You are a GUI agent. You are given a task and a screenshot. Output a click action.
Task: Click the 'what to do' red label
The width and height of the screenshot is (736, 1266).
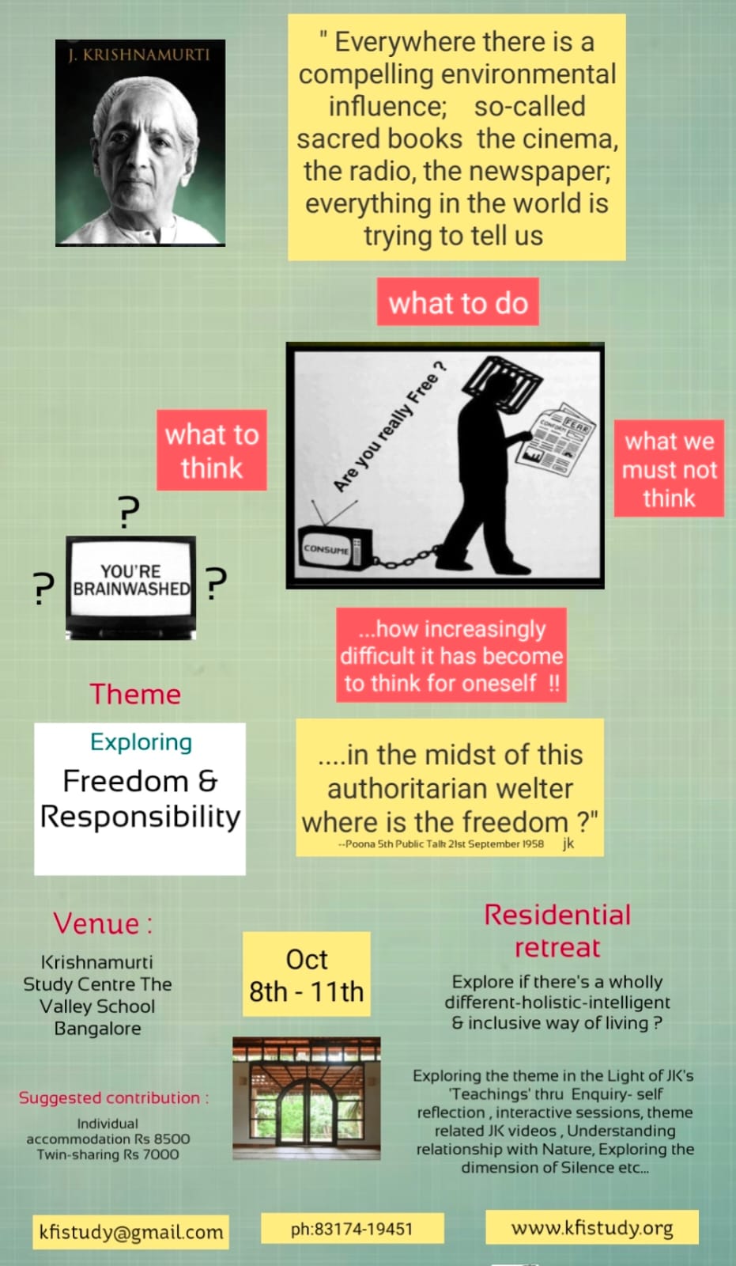(458, 301)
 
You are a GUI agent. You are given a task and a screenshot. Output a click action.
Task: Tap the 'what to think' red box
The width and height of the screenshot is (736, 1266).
(212, 450)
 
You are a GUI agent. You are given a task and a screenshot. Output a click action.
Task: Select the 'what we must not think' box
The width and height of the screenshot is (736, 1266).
(669, 468)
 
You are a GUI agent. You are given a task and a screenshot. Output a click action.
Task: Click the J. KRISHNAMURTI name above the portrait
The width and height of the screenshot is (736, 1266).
(139, 55)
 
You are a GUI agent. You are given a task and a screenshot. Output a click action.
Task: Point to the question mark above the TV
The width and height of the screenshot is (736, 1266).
(129, 511)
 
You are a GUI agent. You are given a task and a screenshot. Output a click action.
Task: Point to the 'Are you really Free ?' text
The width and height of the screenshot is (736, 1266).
(389, 426)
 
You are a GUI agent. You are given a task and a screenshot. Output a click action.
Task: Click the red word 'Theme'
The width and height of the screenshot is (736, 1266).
(135, 694)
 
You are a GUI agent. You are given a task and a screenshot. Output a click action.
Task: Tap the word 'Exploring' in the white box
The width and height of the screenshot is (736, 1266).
(142, 742)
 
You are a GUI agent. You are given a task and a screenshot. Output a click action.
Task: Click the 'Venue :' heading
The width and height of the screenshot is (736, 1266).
(102, 923)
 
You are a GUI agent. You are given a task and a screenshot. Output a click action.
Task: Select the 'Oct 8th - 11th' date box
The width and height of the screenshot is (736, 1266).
(307, 974)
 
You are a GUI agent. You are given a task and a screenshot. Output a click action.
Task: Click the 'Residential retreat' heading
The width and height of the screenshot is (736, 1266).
(557, 931)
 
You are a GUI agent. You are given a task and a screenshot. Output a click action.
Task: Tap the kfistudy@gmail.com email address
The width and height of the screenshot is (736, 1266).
(131, 1231)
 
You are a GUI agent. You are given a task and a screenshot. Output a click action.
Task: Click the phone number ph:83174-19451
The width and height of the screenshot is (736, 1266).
(352, 1229)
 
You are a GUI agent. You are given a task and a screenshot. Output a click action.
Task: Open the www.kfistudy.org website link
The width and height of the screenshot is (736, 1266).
(592, 1227)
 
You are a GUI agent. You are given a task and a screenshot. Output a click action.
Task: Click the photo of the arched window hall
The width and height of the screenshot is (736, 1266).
(307, 1098)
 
